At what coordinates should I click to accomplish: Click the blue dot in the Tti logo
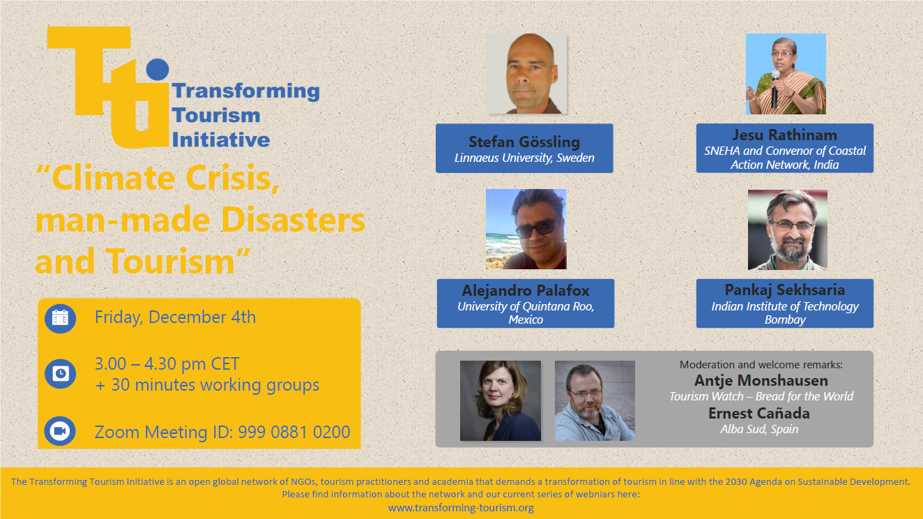(158, 69)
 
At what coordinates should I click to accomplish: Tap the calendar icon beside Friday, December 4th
(60, 318)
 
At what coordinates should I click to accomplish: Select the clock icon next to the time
(60, 374)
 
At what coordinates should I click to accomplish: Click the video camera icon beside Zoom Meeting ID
(60, 431)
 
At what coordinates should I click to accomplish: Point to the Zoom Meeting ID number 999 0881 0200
(294, 432)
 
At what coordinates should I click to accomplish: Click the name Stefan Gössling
(524, 142)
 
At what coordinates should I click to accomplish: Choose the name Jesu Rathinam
(784, 135)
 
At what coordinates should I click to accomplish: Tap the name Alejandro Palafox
(526, 290)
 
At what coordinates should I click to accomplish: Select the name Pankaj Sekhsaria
(784, 289)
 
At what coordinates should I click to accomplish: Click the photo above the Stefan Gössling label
(526, 73)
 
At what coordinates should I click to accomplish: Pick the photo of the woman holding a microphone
(786, 74)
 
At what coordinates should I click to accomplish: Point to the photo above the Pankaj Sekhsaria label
(788, 230)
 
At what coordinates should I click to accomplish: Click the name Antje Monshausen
(761, 380)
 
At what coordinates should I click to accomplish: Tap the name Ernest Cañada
(759, 413)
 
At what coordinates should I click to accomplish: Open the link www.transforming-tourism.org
(461, 507)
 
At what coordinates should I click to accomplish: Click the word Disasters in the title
(293, 220)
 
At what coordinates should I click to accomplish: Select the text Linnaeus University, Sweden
(524, 158)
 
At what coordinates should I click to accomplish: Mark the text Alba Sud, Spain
(759, 429)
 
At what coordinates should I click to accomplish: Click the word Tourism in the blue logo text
(216, 115)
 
